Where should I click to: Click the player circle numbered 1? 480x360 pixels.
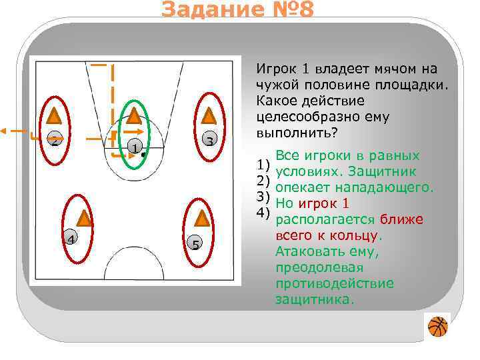point(134,147)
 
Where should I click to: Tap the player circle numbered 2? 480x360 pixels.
point(55,141)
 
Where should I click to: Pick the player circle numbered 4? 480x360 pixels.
point(70,238)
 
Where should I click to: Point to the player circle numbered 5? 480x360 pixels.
point(195,243)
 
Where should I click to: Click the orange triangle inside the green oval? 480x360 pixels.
point(134,116)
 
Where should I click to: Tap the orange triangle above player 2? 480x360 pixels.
point(55,117)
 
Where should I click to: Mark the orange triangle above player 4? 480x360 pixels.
point(84,217)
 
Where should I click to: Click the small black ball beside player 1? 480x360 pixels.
point(143,153)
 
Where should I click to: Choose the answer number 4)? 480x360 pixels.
point(263,213)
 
